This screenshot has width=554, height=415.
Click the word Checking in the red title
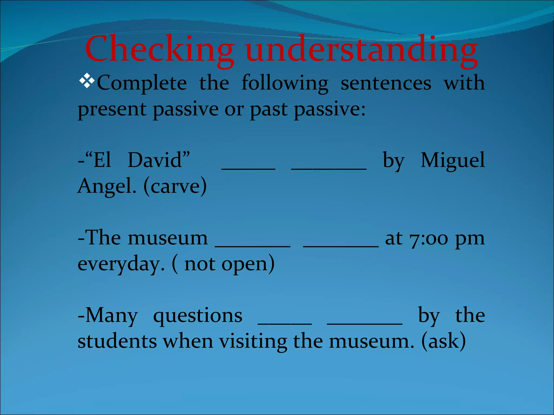pos(159,50)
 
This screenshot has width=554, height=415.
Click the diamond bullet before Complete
pos(87,81)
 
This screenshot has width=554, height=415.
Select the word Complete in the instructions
pos(142,83)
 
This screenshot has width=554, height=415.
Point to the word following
pos(285,83)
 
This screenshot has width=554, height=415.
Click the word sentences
pos(386,83)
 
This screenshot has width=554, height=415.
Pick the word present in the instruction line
pos(112,109)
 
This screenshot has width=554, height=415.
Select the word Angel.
pos(107,186)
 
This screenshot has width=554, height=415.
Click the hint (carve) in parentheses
pos(175,186)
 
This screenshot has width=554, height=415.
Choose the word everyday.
pos(121,264)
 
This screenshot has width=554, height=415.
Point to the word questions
pos(198,316)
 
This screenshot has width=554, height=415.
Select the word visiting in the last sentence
pos(253,341)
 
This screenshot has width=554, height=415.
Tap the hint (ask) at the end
pos(444,341)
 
